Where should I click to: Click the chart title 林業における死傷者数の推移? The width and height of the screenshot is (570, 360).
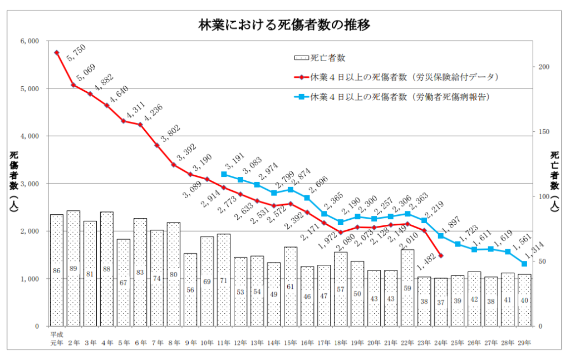click(284, 25)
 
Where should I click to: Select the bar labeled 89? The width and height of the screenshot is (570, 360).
click(73, 268)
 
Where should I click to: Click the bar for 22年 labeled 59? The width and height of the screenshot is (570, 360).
click(407, 288)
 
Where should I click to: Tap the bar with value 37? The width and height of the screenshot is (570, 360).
click(441, 302)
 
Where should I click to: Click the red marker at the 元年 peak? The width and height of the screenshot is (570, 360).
click(57, 53)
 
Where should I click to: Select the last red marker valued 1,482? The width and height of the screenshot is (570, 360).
click(441, 255)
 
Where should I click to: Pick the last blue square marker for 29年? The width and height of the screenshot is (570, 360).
click(524, 264)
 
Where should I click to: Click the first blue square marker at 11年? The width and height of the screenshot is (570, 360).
click(224, 174)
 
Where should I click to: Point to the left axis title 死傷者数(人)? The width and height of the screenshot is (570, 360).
click(13, 184)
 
